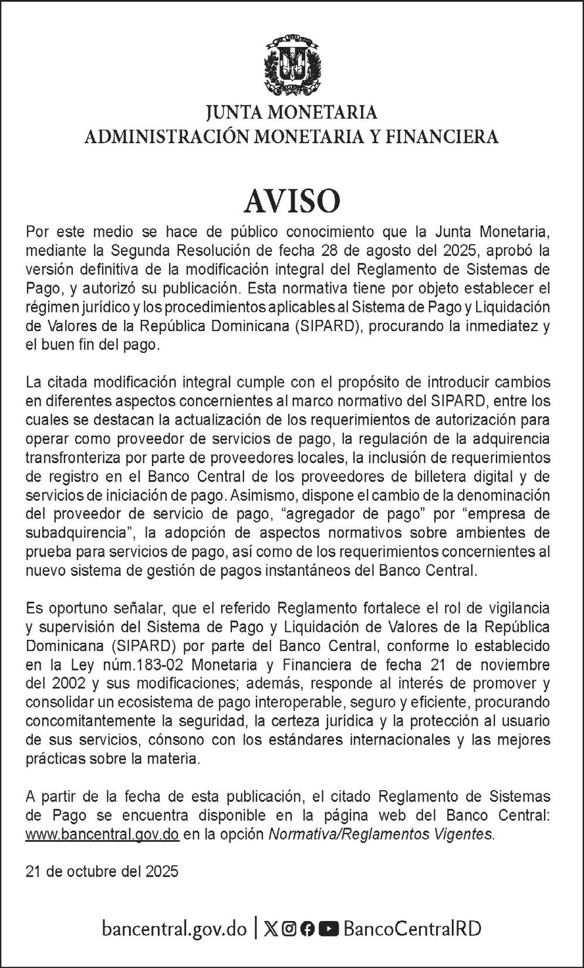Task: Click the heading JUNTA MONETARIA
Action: point(292,112)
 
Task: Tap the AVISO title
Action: point(292,201)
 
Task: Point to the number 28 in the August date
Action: point(330,251)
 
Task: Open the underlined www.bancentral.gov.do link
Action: point(102,834)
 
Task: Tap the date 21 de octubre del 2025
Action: point(102,872)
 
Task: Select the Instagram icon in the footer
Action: point(289,929)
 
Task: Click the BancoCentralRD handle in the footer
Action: point(412,929)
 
